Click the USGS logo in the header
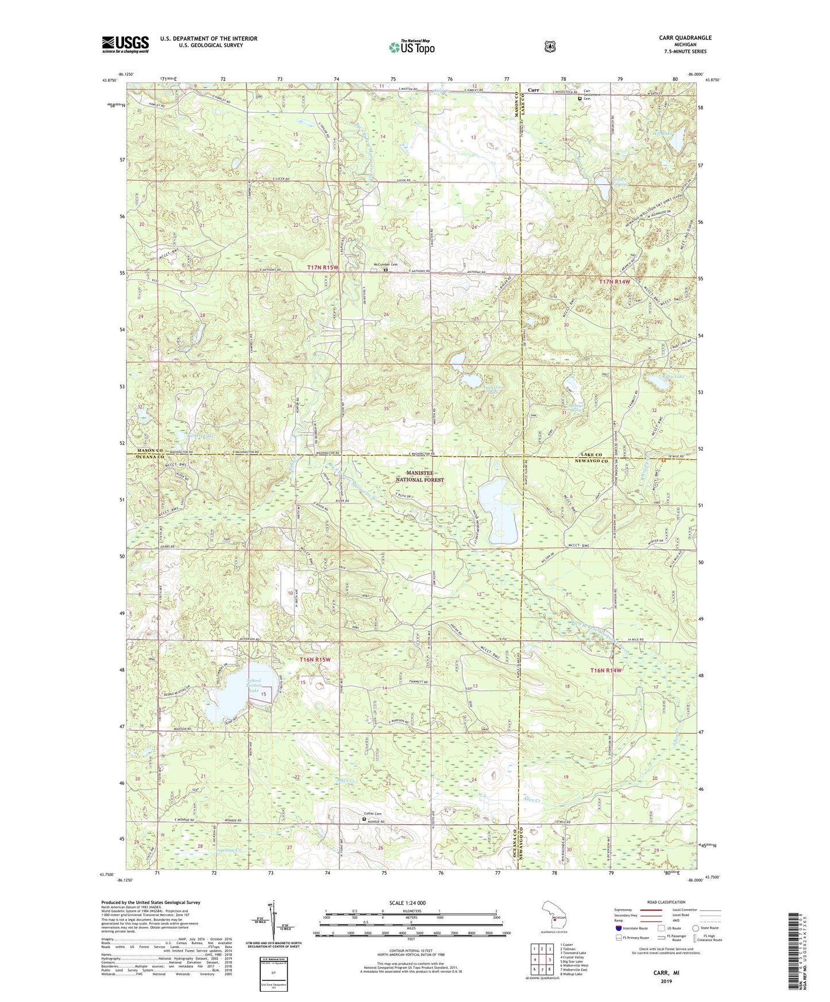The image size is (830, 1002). click(125, 44)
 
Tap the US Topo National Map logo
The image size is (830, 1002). click(411, 46)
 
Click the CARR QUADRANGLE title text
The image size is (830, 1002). click(686, 38)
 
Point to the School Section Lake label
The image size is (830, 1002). click(254, 685)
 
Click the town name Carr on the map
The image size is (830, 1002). click(534, 90)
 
